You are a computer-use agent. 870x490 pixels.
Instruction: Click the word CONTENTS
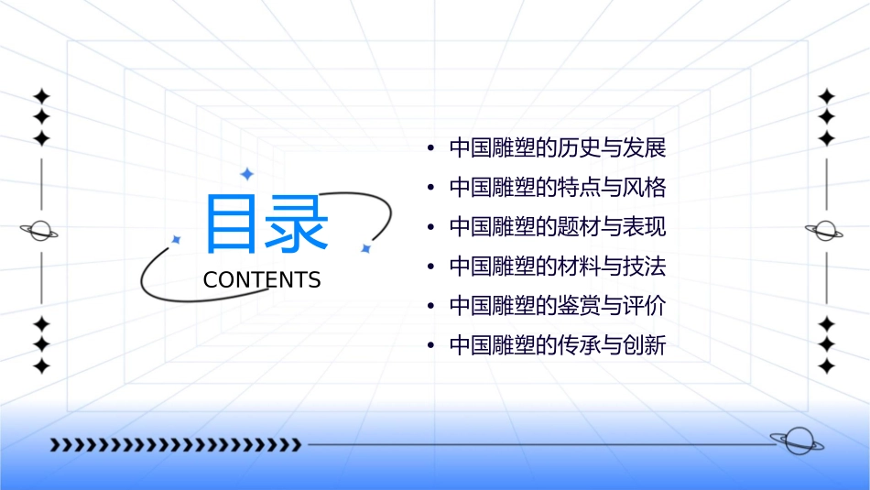262,280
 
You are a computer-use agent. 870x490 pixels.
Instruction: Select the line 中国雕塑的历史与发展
557,147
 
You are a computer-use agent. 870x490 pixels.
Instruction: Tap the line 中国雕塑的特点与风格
557,188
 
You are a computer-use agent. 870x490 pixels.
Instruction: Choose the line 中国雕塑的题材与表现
557,227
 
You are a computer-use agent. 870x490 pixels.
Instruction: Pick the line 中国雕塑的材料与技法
557,267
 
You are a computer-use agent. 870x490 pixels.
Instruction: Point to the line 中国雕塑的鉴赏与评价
557,306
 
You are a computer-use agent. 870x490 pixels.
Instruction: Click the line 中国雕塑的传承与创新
557,346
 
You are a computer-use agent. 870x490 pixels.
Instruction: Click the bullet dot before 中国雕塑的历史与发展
430,148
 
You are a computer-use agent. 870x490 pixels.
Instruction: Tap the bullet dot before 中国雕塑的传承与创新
430,347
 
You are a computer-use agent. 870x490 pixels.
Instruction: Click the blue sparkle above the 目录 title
245,173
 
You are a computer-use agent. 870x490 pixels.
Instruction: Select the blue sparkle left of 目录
177,239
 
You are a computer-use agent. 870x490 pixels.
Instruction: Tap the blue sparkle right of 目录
364,248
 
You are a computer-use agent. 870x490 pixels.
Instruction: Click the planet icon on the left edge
40,230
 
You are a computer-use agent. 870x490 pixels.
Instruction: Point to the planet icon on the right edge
825,230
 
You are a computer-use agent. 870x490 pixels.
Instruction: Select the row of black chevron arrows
176,445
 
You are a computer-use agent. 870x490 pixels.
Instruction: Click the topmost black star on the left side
40,96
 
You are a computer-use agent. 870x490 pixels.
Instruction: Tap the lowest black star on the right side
826,366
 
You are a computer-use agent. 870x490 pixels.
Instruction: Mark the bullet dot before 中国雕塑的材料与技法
430,267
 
